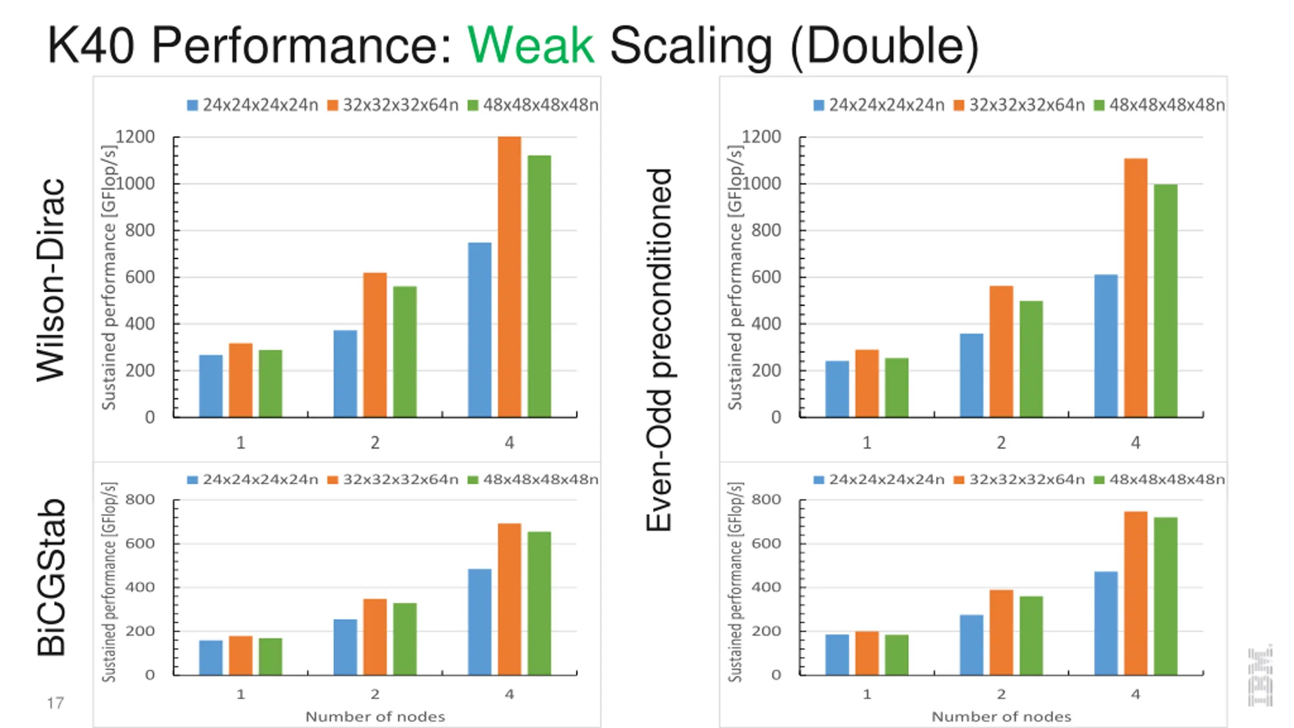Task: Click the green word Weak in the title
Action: pos(530,45)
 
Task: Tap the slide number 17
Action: pos(55,703)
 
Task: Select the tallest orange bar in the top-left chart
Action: pos(509,277)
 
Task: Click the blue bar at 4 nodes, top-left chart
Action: pos(479,330)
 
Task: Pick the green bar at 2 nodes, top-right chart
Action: pos(1031,359)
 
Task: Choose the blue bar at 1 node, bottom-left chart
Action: pos(210,657)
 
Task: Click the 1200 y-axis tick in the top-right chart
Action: pos(761,136)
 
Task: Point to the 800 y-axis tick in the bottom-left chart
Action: pos(140,499)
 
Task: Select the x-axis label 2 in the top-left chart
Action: pos(375,443)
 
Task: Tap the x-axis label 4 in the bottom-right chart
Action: pos(1135,694)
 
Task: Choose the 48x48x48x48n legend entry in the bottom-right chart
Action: pos(1160,479)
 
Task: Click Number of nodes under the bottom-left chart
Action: pos(375,716)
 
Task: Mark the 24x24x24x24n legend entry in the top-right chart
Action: pos(880,105)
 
